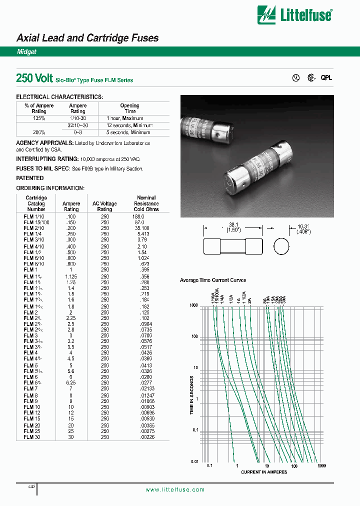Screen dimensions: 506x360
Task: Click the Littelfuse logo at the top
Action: (294, 14)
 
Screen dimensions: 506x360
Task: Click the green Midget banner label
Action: (26, 52)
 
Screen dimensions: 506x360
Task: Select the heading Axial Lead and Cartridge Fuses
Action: (87, 38)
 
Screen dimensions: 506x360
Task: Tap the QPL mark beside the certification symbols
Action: (326, 78)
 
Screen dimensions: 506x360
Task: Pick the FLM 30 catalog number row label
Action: (32, 436)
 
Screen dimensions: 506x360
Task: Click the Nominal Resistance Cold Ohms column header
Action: (146, 203)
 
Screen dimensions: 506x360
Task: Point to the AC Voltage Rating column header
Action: (105, 206)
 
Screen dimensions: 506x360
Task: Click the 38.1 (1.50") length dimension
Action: (233, 227)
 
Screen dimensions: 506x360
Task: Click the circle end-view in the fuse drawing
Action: (282, 247)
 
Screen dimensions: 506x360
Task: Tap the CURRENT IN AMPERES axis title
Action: (264, 472)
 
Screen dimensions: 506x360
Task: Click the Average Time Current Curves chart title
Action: (213, 280)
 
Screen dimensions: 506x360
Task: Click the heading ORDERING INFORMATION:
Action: (50, 188)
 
